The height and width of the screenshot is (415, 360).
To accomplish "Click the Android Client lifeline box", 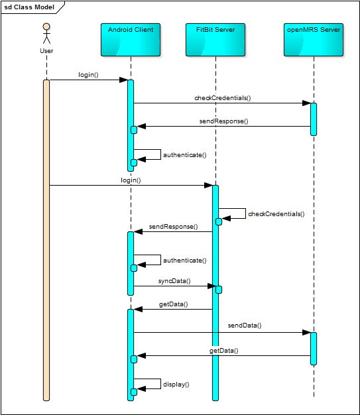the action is pos(131,40).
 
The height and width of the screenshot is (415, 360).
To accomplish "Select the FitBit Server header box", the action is pos(215,40).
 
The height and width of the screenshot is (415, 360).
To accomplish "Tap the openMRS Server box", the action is pos(314,40).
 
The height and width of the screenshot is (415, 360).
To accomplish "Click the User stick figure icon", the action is pos(46,33).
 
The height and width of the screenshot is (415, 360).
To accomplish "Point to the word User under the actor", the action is pos(46,51).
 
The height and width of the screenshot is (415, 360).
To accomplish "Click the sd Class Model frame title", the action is pos(29,7).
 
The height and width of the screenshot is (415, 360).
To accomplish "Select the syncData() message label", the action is pos(174,281).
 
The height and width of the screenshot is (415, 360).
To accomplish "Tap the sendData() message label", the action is pos(245,326).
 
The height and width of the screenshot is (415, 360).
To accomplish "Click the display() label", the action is pos(176,385).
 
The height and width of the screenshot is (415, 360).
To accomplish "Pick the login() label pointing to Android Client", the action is pos(88,75).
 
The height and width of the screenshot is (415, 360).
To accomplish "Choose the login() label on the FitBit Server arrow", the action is pos(131,180).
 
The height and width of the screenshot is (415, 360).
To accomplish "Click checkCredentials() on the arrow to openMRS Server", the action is pos(223,98).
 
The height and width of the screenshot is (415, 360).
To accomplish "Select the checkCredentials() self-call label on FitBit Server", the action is pos(276,214).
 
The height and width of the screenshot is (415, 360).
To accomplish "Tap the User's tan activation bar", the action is pos(46,241).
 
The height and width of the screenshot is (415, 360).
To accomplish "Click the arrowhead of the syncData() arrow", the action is pos(211,286).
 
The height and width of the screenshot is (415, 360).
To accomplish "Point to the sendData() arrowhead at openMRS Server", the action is pos(306,332).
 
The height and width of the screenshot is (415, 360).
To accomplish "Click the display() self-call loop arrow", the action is pos(160,384).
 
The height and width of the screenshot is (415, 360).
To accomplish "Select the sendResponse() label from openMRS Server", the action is pos(223,121).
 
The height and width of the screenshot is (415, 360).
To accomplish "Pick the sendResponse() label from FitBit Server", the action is pos(174,227).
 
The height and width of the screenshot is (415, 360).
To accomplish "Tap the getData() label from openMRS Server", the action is pos(223,351).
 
